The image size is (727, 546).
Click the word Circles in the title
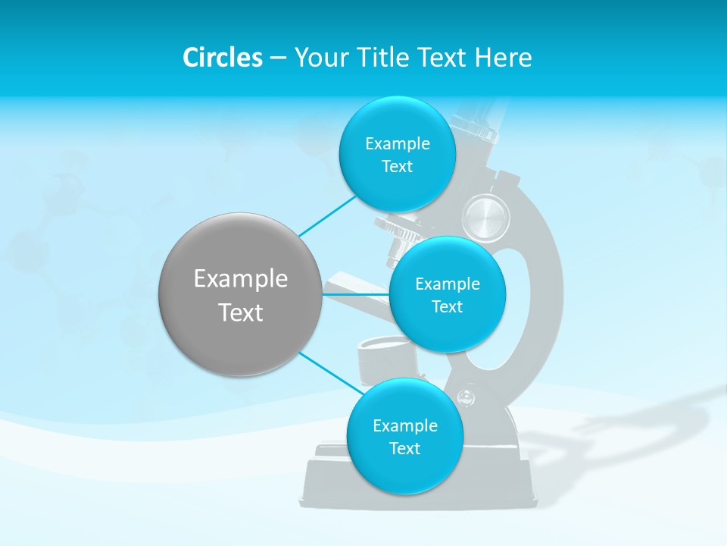click(223, 58)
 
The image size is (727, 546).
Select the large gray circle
click(240, 294)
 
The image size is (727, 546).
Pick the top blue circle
click(397, 154)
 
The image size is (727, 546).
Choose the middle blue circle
click(447, 294)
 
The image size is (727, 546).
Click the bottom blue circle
click(404, 436)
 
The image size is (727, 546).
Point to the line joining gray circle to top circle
click(327, 214)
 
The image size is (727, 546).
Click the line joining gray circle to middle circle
click(355, 294)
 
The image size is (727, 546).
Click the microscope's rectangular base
click(333, 482)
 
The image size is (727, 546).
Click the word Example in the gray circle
click(240, 279)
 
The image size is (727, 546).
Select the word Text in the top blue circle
click(397, 167)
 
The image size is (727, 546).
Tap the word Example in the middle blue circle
click(447, 284)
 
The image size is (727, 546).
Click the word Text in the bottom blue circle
click(404, 449)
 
